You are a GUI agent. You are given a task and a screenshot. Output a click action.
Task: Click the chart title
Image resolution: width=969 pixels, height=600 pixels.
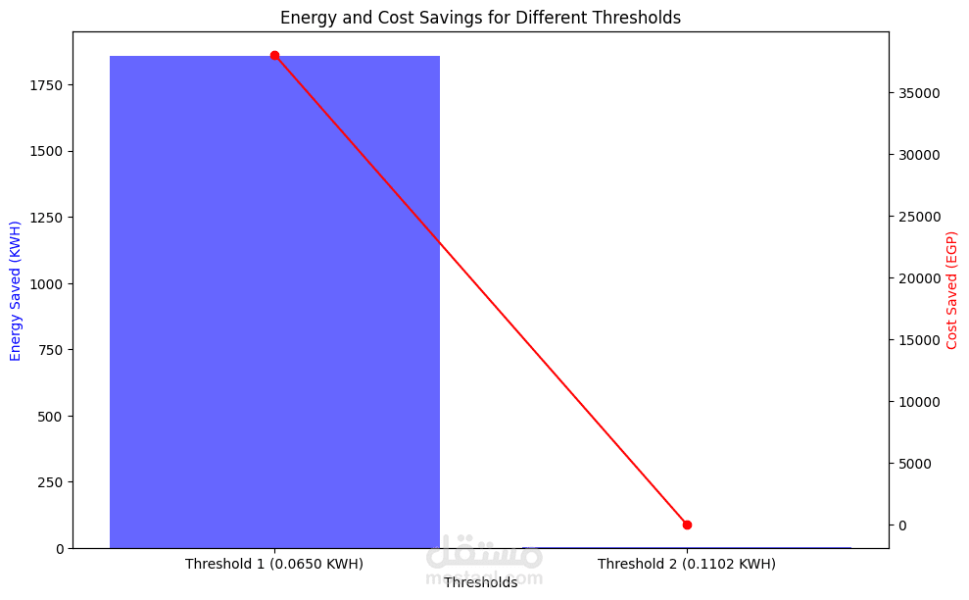480,18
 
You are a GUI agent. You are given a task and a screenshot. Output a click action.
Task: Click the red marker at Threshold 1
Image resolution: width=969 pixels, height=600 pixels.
274,56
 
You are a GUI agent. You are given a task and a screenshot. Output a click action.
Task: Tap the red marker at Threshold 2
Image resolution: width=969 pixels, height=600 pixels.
687,525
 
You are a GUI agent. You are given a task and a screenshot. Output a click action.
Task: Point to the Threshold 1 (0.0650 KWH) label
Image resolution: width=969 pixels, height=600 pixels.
274,564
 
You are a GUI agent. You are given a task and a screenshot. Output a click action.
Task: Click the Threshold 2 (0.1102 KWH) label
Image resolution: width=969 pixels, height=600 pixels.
687,564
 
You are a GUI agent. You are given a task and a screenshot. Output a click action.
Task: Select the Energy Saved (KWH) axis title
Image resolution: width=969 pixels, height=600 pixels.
16,290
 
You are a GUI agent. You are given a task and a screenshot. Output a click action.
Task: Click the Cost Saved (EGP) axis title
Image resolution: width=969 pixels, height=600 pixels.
951,290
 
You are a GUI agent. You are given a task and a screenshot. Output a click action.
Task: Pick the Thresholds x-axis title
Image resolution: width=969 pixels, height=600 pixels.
480,582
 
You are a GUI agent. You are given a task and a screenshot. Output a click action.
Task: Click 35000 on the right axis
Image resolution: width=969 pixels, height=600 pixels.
920,93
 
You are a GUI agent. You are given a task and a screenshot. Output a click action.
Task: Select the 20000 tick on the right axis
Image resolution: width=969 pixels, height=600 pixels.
920,278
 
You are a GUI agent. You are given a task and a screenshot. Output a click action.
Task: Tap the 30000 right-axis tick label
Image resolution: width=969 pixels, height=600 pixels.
920,155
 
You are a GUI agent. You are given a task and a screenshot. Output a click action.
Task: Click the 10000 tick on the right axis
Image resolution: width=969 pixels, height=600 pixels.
920,402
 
